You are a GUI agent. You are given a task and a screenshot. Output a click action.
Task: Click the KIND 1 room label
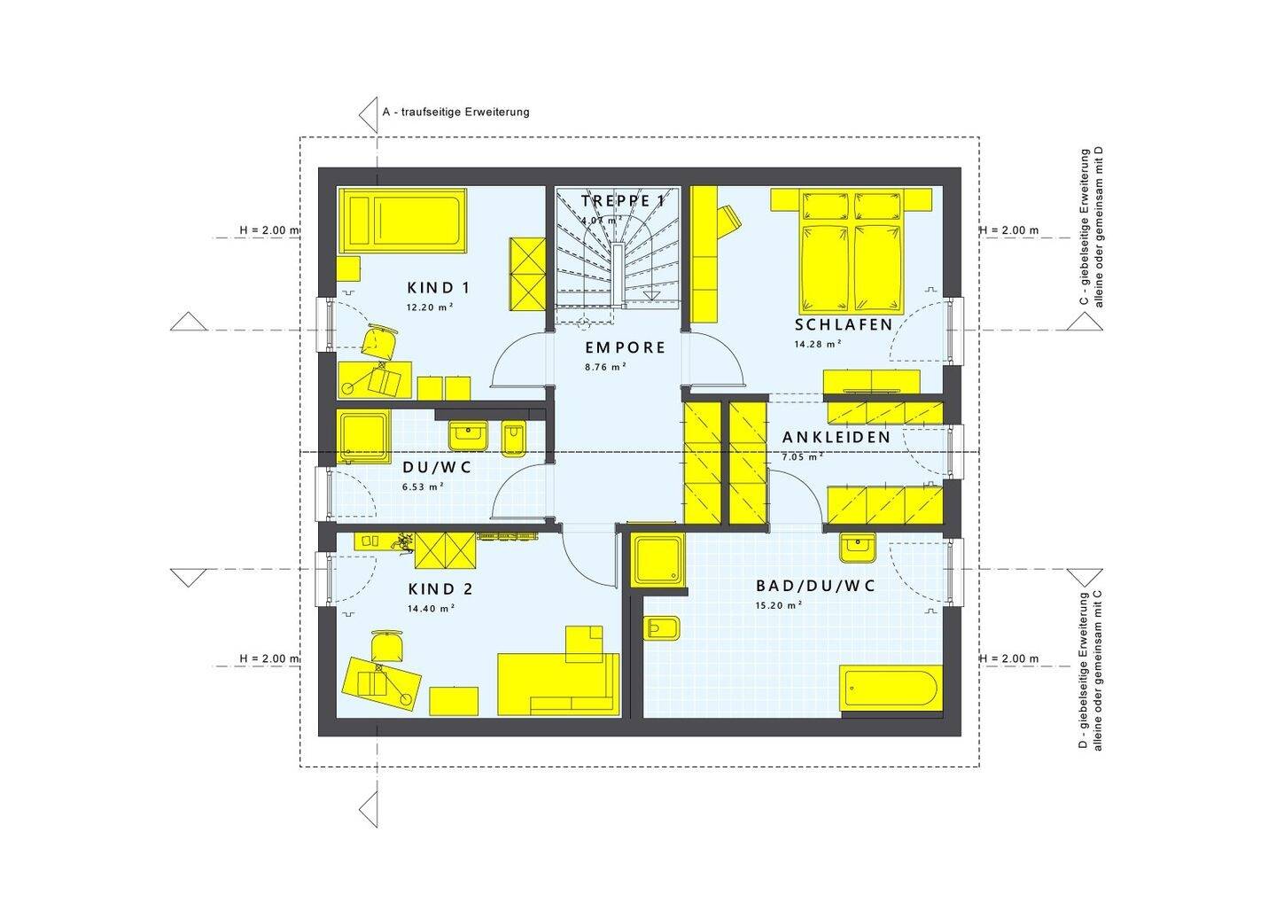438,288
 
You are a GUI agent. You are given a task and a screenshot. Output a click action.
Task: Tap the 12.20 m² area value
430,307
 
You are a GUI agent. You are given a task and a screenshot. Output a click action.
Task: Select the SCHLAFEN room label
844,325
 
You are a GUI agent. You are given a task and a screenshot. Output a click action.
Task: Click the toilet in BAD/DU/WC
662,628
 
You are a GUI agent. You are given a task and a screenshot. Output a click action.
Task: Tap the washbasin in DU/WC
467,434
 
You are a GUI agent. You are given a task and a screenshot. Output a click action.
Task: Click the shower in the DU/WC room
364,436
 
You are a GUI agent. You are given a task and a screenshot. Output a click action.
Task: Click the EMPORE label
625,348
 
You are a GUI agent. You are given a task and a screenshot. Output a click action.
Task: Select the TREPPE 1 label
622,201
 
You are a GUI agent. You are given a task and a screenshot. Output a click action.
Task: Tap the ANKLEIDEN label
836,438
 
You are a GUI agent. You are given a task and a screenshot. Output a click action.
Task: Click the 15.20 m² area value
778,605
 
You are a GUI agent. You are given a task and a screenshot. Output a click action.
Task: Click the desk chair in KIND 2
386,646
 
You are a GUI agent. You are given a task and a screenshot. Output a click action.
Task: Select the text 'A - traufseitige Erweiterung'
455,112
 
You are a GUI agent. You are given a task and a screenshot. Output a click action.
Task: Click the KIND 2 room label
440,589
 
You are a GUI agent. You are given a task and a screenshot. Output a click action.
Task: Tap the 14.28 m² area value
817,344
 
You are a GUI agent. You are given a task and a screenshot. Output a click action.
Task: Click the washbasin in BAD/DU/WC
857,549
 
